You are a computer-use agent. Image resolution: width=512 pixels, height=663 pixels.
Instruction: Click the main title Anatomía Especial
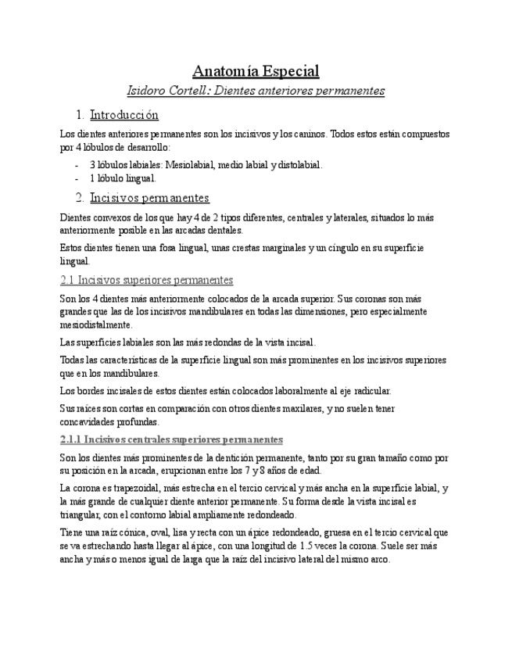click(256, 71)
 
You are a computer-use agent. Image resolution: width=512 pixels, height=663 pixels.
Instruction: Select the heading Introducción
click(124, 115)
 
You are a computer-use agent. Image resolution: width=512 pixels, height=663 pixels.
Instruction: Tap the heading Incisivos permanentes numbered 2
click(149, 197)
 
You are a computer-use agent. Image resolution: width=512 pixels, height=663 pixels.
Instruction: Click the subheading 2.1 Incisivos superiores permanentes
click(146, 280)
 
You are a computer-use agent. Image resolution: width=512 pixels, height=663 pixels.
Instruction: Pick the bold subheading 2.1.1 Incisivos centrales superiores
click(171, 439)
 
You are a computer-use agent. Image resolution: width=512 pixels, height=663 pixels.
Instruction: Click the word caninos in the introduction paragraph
click(309, 134)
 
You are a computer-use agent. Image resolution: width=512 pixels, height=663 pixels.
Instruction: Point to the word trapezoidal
click(141, 488)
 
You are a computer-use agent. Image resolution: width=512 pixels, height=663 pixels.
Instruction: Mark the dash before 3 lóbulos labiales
click(77, 165)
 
